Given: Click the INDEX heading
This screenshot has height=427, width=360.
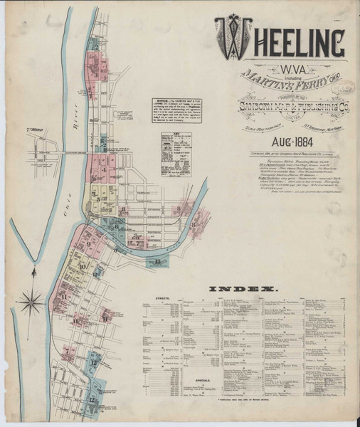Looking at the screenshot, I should tap(242, 289).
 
